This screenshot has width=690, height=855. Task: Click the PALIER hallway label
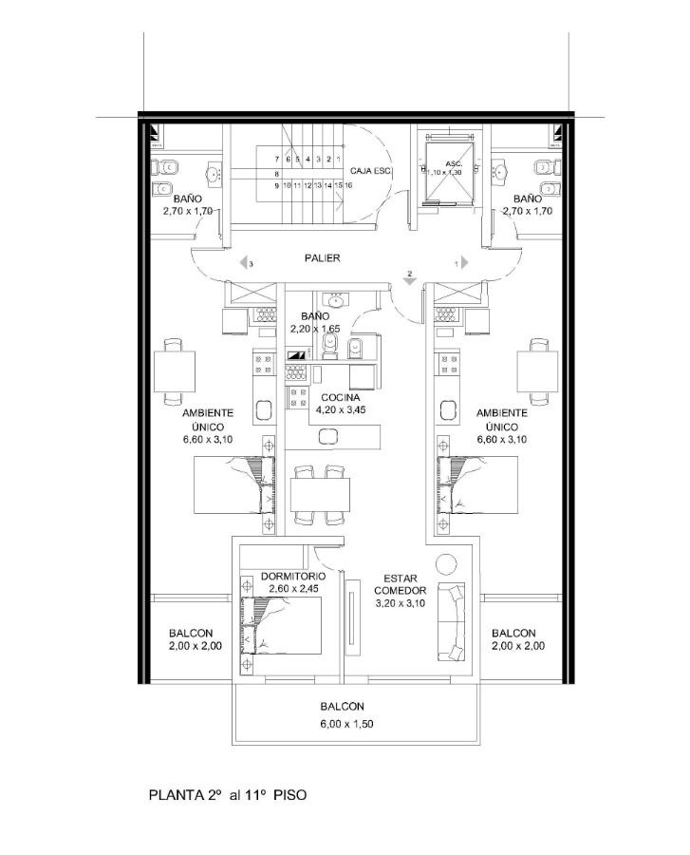[322, 257]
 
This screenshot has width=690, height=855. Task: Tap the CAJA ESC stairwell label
[371, 171]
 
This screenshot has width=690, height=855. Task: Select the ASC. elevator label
[454, 163]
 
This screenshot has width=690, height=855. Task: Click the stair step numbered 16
[348, 185]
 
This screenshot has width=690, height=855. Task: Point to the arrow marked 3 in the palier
[244, 263]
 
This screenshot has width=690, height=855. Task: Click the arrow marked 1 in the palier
[464, 263]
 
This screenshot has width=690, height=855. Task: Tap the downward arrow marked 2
[410, 280]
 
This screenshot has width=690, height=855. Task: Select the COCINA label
[341, 397]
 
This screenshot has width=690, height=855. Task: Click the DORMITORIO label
[293, 577]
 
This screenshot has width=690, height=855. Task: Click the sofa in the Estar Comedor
[452, 621]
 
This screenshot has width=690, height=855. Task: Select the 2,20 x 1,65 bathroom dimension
[315, 329]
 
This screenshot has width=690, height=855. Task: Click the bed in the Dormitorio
[281, 625]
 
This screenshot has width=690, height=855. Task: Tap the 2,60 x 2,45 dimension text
[293, 589]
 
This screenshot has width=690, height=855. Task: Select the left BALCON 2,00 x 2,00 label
[195, 639]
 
